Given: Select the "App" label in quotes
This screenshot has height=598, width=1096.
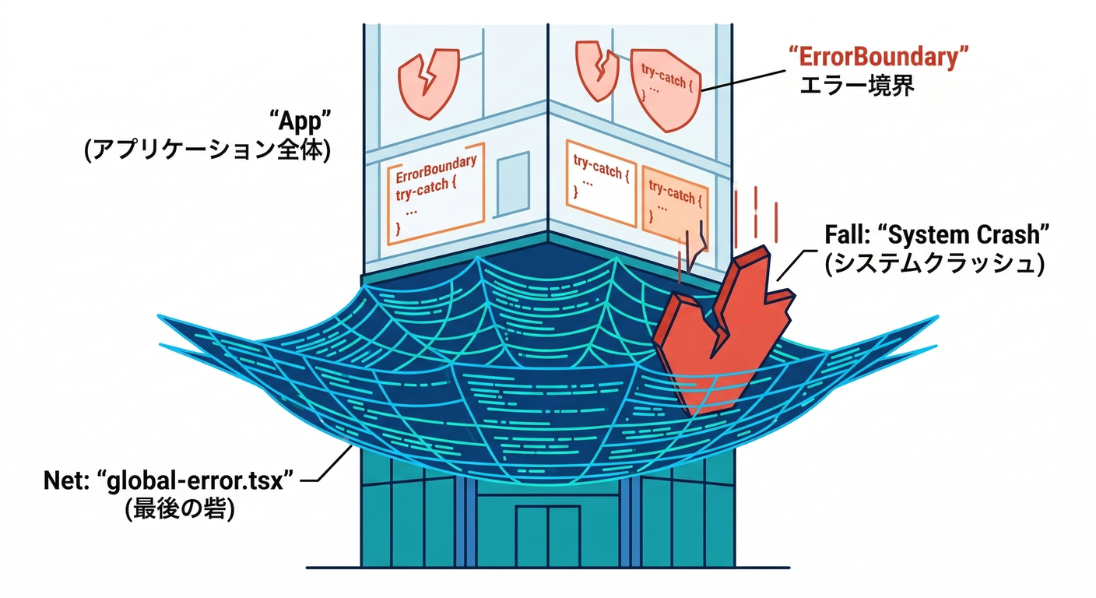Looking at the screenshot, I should coord(300,121).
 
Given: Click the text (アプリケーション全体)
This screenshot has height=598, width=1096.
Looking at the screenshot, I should coord(208,149).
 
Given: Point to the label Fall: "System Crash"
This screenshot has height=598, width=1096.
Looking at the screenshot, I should coord(937,234).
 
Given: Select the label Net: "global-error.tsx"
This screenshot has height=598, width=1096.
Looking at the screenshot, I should coord(168,480).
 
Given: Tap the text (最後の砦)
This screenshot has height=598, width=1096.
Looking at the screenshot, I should coord(180,510).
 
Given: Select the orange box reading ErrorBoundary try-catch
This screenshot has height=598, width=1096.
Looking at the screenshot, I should coord(436,194).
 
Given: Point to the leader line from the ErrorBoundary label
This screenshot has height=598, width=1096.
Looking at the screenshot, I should coord(743,79).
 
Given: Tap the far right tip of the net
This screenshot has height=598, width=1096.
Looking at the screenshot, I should coord(936,318).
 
